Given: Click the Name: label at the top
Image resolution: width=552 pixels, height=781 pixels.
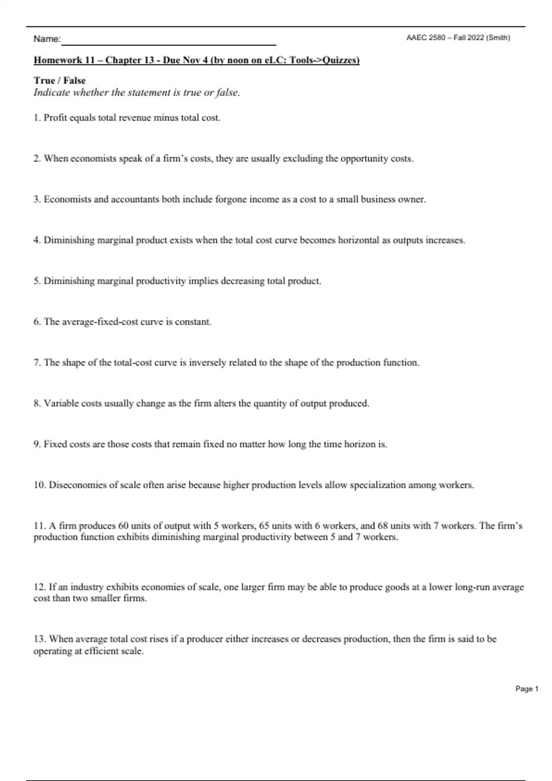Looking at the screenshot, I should [x=46, y=40].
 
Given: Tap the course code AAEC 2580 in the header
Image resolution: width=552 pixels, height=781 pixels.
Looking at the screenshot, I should [x=425, y=38].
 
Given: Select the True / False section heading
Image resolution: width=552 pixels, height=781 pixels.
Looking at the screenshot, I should [x=59, y=80].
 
